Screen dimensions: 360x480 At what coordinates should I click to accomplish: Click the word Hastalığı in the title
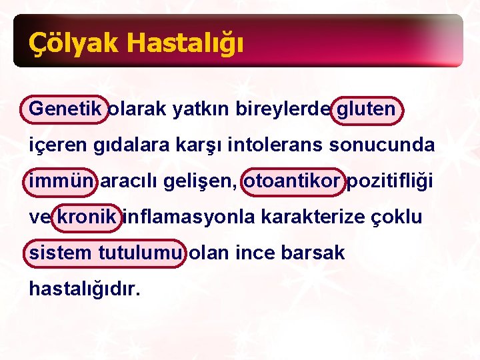[184, 43]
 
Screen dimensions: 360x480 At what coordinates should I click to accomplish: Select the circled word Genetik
[65, 108]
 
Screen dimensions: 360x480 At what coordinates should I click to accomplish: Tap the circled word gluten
[366, 108]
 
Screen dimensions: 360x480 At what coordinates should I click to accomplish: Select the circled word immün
[62, 181]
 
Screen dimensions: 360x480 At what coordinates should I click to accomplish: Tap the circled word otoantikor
[293, 181]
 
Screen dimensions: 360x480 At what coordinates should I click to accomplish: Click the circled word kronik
[88, 217]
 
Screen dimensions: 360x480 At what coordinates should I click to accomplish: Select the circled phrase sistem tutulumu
[105, 253]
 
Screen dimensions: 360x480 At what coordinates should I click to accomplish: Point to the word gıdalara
[111, 145]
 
